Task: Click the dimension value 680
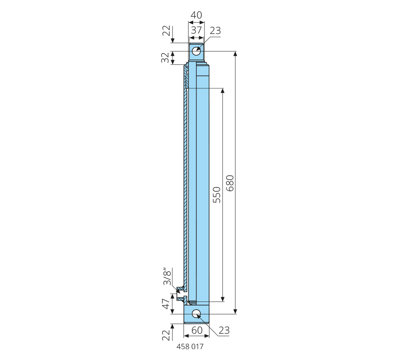(230, 183)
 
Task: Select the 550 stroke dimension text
(217, 195)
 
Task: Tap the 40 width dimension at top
(196, 15)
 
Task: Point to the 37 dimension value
(196, 30)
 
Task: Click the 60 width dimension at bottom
(197, 330)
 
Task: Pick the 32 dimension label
(165, 58)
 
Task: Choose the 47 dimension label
(166, 303)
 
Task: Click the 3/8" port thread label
(167, 277)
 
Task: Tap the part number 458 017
(190, 347)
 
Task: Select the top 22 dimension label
(166, 31)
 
